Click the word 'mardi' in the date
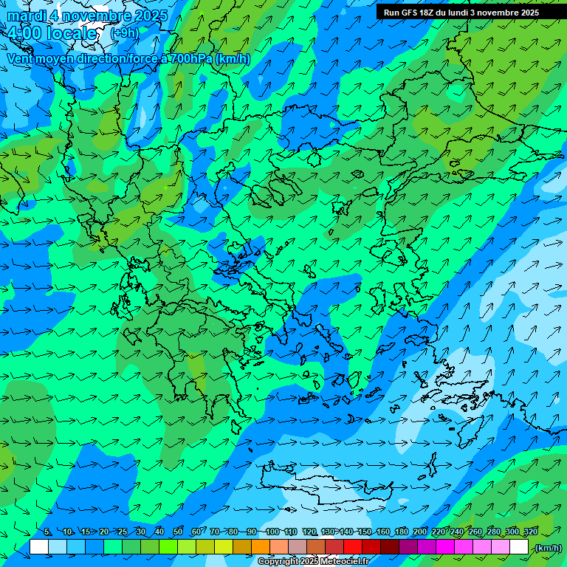tap(26, 16)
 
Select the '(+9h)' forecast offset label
tap(124, 33)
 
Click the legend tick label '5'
tap(47, 532)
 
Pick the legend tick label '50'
tap(178, 532)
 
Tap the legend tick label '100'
tap(272, 532)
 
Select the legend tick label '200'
tap(420, 532)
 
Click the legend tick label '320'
tap(530, 532)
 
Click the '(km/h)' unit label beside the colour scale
tap(547, 548)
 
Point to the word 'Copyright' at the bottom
tap(277, 562)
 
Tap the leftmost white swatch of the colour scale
tap(39, 547)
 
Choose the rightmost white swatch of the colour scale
tap(519, 547)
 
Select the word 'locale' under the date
tap(71, 33)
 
